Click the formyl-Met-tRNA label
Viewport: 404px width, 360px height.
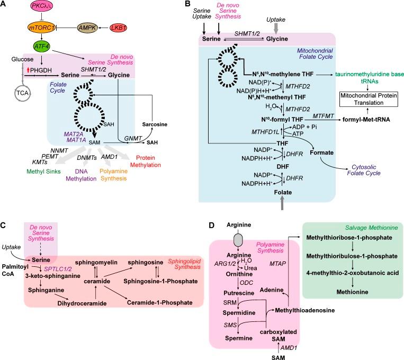366,120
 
